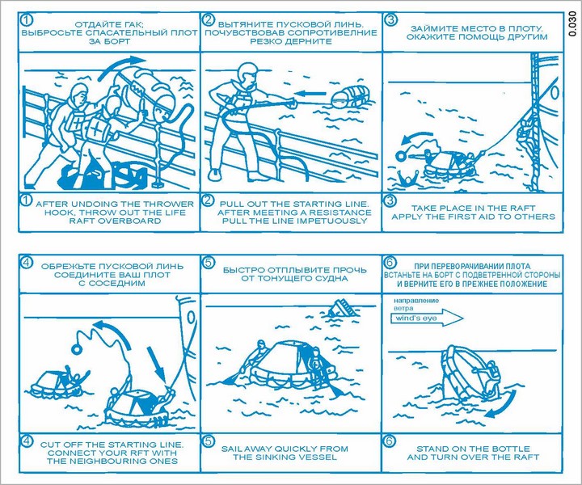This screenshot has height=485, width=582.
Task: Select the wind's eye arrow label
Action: tap(416, 318)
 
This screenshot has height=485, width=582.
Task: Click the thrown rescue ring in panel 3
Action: tap(401, 154)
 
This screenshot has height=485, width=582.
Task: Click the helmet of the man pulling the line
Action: tap(246, 70)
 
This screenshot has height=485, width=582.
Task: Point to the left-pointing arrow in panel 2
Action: tap(312, 93)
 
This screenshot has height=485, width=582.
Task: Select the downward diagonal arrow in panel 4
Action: tap(155, 364)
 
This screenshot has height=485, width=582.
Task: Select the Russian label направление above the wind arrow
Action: tap(416, 300)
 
